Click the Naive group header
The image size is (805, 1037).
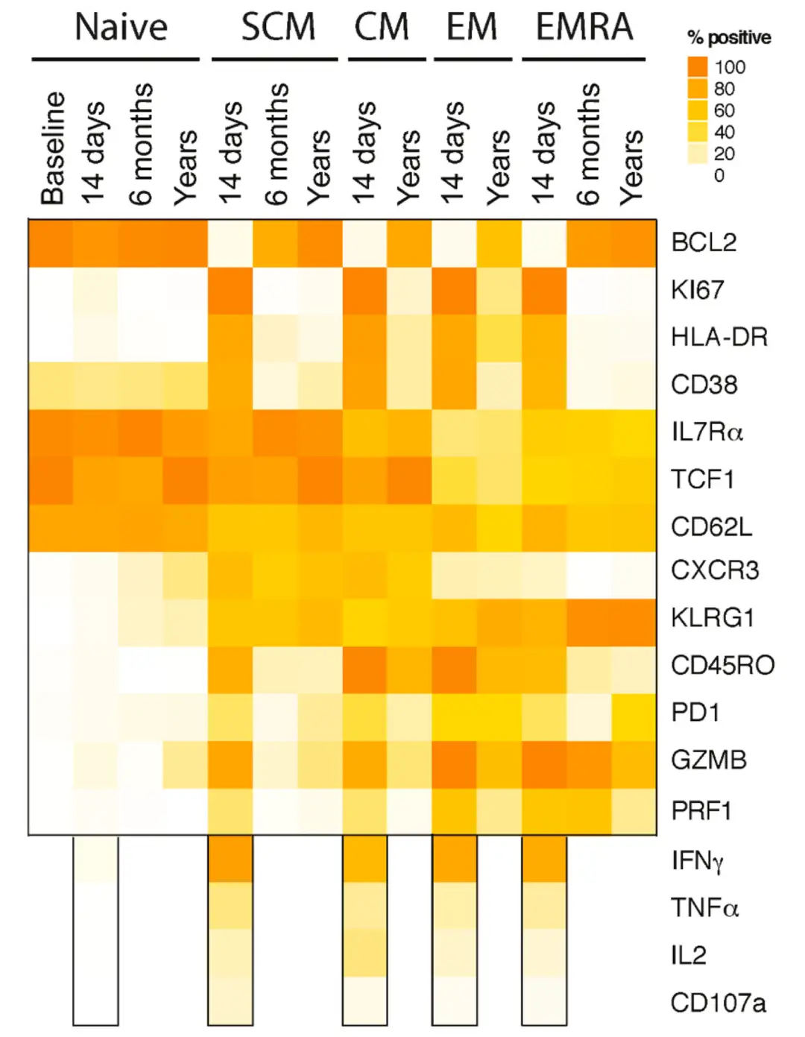click(121, 28)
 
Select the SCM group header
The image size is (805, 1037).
click(278, 28)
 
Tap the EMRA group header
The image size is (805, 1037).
click(584, 28)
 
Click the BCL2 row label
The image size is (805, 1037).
click(703, 243)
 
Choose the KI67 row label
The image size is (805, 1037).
click(697, 290)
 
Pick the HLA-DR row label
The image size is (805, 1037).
click(719, 337)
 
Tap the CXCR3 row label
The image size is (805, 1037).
click(714, 571)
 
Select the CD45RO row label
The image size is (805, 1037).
click(722, 665)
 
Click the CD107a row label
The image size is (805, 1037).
click(717, 1003)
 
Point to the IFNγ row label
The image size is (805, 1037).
click(697, 861)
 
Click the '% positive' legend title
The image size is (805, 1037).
click(728, 37)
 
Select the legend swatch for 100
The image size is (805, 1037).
click(697, 66)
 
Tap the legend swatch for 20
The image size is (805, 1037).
click(697, 154)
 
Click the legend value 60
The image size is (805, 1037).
click(724, 110)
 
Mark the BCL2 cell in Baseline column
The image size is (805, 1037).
click(51, 243)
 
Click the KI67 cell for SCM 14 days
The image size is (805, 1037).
click(230, 290)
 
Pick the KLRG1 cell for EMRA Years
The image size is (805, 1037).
click(634, 618)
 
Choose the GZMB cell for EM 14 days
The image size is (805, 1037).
click(454, 763)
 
